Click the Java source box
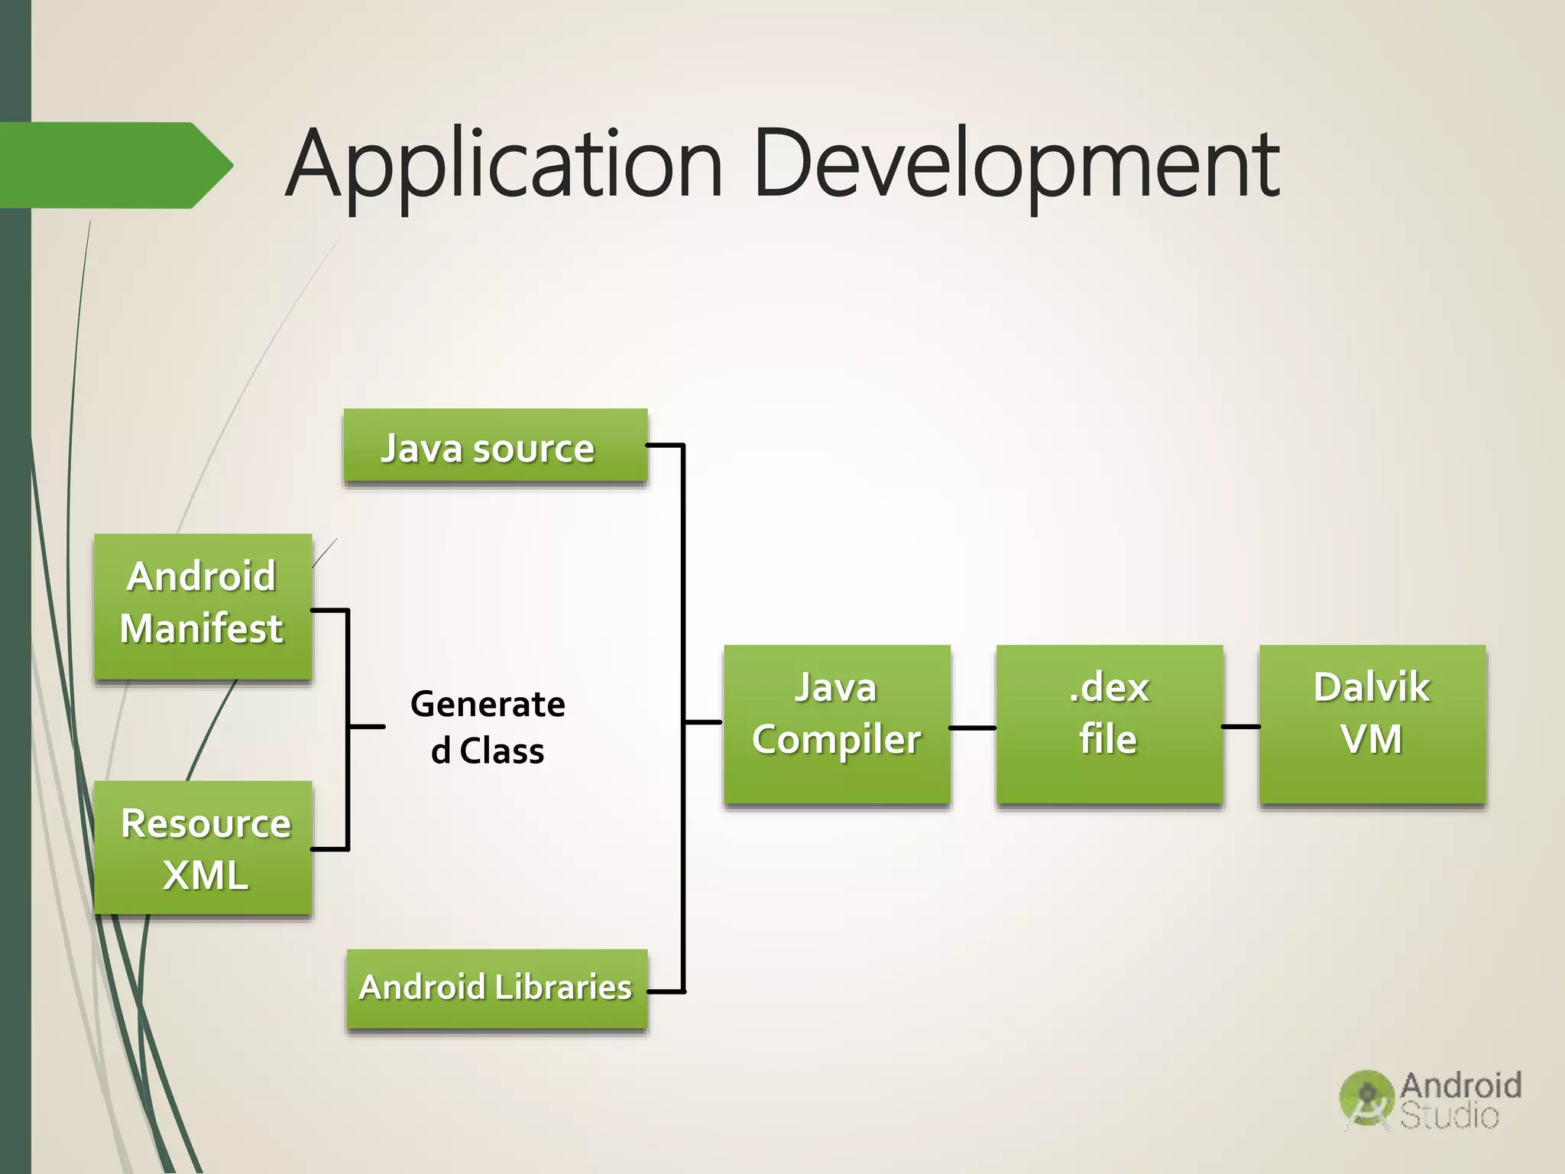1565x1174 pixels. pos(495,447)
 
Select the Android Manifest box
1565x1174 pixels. pos(203,605)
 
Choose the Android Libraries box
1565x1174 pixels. pos(497,988)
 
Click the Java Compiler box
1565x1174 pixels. pos(837,723)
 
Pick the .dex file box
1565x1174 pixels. pos(1109,723)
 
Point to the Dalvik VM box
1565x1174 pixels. pos(1372,723)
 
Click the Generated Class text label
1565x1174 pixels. pos(488,727)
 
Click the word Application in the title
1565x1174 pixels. pos(504,164)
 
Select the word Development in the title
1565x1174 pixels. pos(1016,164)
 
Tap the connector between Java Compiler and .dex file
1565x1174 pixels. pos(973,728)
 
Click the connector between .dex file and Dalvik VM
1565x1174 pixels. pos(1240,726)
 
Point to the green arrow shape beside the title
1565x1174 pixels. pos(115,165)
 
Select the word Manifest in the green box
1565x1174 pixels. pos(202,629)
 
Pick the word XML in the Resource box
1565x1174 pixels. pos(205,874)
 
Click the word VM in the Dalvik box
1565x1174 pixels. pos(1372,739)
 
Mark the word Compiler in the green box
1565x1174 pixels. pos(837,740)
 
